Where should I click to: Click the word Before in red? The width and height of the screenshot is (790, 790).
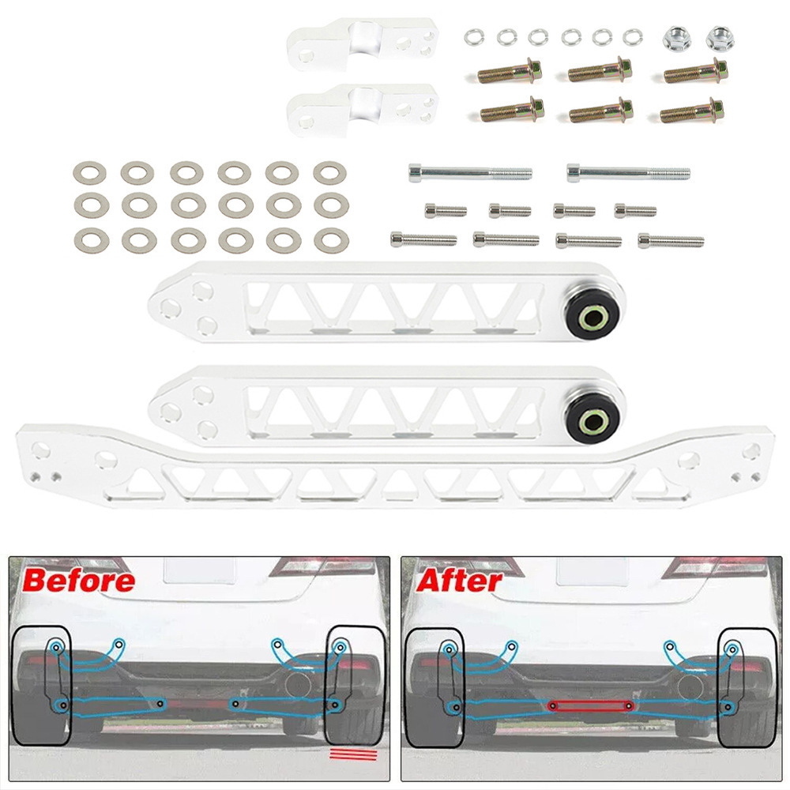[x=79, y=581]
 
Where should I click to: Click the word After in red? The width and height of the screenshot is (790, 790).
[x=459, y=581]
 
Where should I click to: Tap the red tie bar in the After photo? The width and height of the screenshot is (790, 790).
[x=590, y=706]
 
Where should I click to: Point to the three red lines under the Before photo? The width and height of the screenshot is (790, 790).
[x=353, y=754]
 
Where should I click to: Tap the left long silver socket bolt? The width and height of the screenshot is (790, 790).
[x=470, y=173]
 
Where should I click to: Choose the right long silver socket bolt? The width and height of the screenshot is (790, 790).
[x=628, y=173]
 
